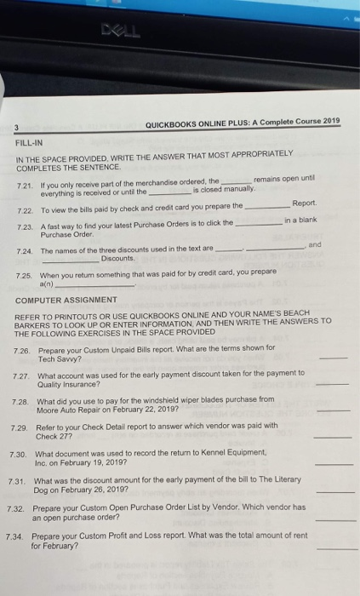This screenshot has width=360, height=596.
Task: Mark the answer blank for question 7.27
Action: click(337, 386)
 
